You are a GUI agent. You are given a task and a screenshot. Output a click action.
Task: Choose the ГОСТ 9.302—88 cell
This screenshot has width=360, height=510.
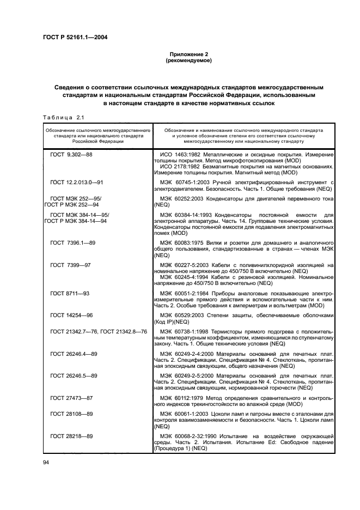[x=71, y=155]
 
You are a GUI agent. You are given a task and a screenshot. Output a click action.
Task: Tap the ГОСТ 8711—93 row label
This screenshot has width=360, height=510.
[x=70, y=293]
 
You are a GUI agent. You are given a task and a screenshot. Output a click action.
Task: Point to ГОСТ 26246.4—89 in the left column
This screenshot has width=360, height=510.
[x=74, y=354]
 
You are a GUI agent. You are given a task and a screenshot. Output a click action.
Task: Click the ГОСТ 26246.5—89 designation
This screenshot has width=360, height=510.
[x=74, y=376]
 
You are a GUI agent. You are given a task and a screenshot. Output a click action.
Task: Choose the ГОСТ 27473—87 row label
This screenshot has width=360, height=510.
[x=71, y=398]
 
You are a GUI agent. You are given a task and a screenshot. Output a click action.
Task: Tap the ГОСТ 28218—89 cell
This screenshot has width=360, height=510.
[x=71, y=436]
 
